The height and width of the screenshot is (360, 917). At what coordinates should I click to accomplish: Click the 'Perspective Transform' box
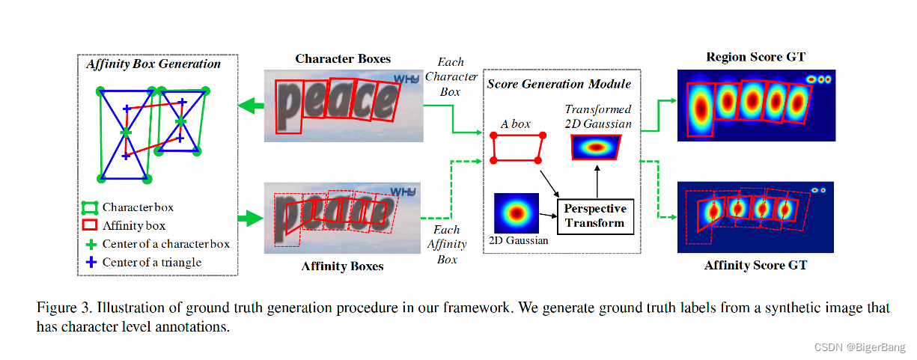tap(594, 216)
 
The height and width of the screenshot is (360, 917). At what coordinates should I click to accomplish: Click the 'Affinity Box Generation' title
tap(153, 64)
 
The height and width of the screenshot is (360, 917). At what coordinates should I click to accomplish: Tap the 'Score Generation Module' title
tap(559, 84)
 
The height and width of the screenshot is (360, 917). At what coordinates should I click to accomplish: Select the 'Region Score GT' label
tap(755, 58)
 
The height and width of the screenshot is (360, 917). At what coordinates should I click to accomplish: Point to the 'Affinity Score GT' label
tap(756, 265)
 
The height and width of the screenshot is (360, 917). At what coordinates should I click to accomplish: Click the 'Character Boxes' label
tap(343, 58)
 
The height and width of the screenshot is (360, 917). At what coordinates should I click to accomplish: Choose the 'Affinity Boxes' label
tap(342, 266)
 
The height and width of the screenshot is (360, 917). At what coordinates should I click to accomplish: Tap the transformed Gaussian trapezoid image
tap(596, 148)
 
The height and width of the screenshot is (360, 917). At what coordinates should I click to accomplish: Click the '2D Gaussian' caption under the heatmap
tap(519, 240)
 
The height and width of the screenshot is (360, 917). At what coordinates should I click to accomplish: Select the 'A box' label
tap(515, 123)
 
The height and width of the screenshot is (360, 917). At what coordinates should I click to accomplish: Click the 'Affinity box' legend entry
tap(133, 225)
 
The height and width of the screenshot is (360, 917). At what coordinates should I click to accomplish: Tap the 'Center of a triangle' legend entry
tap(152, 262)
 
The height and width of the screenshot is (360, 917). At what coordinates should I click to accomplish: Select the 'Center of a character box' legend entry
tap(165, 244)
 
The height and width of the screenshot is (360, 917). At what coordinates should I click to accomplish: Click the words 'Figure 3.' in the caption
tap(61, 308)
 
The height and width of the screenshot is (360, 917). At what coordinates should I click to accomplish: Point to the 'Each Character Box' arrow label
tap(451, 77)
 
